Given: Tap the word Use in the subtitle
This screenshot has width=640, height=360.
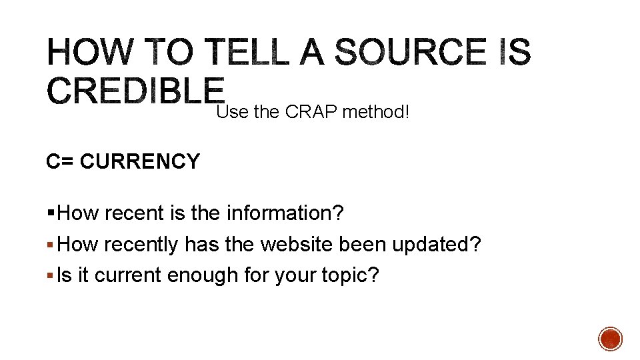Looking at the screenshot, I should (232, 113).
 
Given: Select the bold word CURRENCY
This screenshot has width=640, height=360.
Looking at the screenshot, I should (139, 161).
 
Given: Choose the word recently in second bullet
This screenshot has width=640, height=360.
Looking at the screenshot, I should (140, 245).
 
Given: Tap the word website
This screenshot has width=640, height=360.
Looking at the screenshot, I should (297, 245).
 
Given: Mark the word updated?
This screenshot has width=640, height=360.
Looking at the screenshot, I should (436, 245).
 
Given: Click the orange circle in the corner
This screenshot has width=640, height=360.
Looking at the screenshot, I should (610, 338).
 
